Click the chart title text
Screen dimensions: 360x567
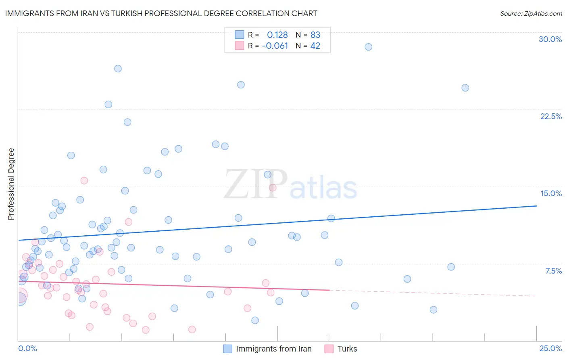pos(161,13)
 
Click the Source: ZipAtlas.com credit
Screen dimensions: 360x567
pos(531,13)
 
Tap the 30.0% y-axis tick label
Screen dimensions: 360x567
pos(550,39)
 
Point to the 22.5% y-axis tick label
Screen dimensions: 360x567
pos(551,116)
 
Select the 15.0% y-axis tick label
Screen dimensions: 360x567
pos(551,193)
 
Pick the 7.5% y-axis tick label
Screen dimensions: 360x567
pos(553,271)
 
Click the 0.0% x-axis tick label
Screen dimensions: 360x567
pos(27,348)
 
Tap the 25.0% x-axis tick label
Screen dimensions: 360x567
pos(550,348)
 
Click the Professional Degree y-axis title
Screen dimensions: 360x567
pos(11,184)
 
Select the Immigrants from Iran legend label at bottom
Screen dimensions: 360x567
pos(273,349)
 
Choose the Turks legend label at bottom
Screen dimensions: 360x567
pos(347,349)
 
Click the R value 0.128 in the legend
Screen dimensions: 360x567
pos(277,35)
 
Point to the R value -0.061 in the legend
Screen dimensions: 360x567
pos(275,46)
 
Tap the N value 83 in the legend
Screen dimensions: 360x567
pos(315,35)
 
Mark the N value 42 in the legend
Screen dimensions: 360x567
pos(315,46)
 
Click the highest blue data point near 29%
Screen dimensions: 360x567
pos(368,47)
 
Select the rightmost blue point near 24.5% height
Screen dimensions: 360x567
pos(465,88)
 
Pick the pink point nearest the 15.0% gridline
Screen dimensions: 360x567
pos(273,187)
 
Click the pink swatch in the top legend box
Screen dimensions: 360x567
pos(240,46)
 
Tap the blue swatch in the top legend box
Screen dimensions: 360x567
pos(240,34)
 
